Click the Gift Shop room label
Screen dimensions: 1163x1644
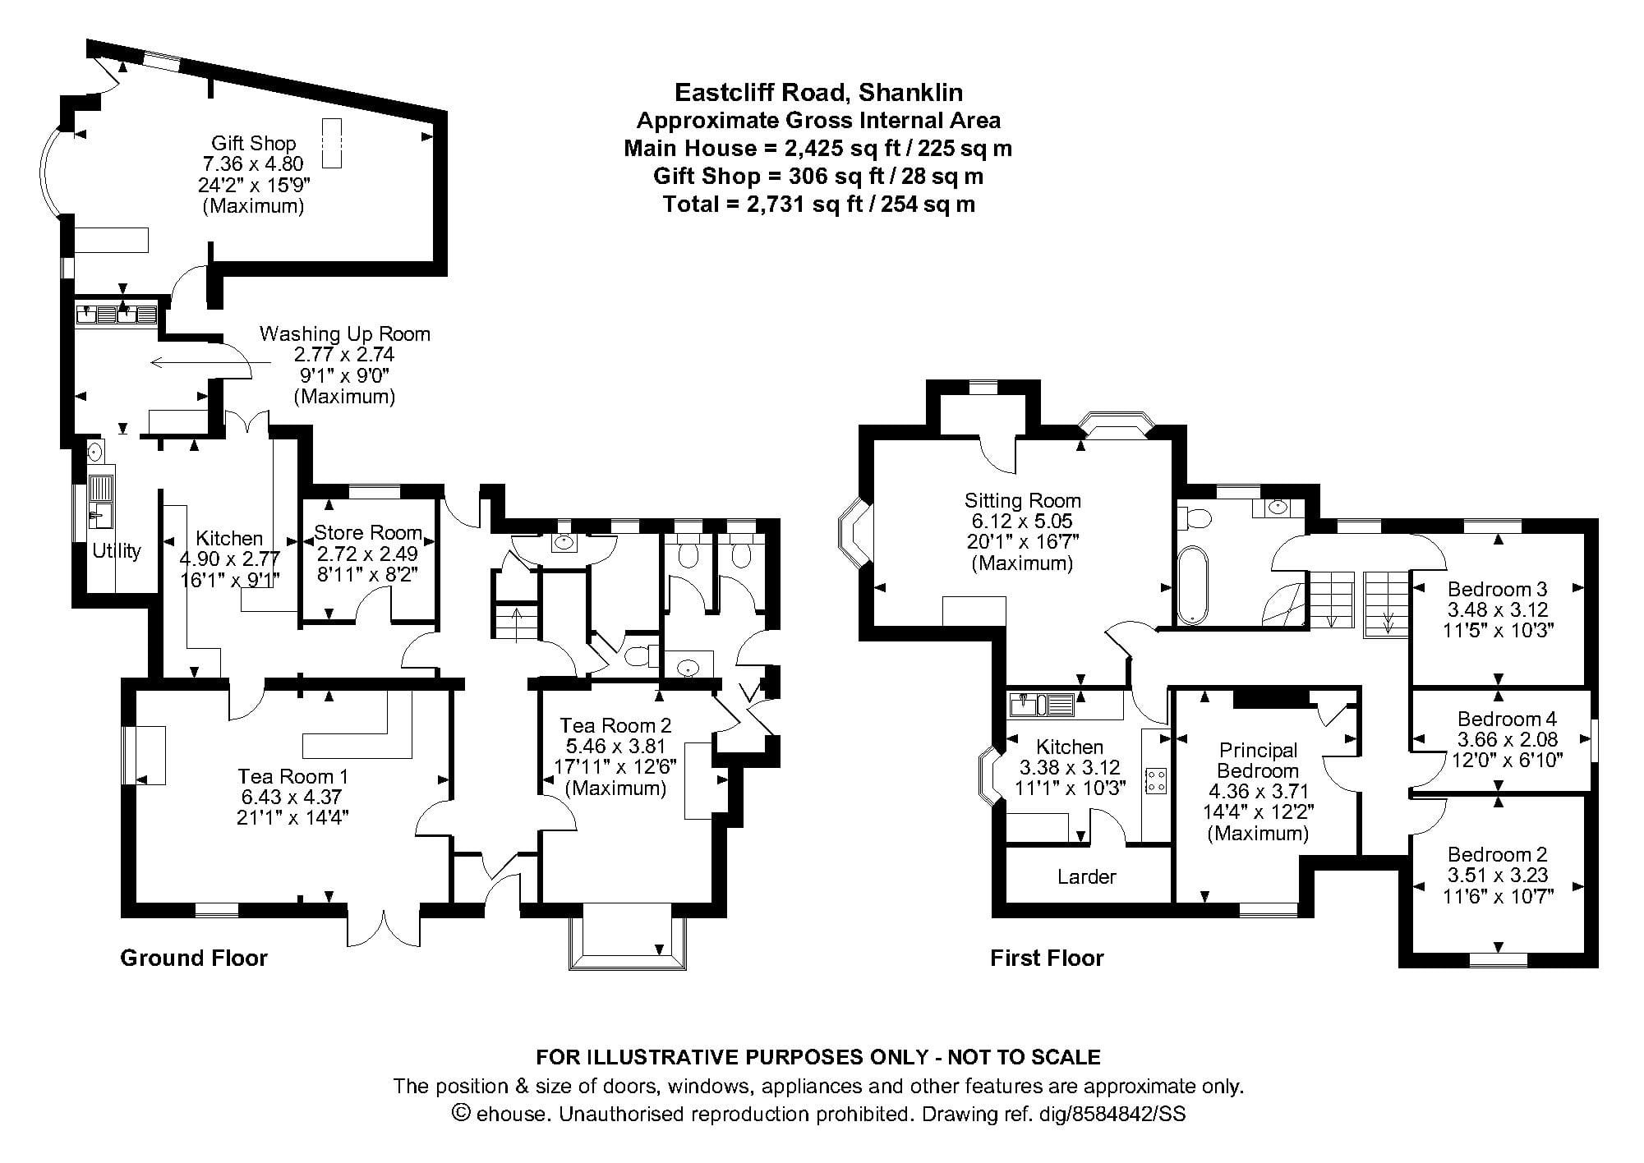253,143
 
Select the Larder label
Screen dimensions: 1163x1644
1086,877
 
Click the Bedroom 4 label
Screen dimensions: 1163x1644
1507,719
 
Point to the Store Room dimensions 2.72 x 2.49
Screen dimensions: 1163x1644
367,553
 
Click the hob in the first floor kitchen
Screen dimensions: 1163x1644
1156,781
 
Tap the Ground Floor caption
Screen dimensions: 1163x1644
194,958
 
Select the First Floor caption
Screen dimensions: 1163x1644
1047,958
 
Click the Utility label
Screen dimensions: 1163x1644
117,551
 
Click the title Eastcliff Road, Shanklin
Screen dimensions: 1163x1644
818,92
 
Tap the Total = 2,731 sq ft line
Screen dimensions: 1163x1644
818,204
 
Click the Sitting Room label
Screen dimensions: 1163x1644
1022,500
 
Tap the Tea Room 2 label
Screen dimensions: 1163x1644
615,725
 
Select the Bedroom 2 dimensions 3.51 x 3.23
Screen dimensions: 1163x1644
1498,875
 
